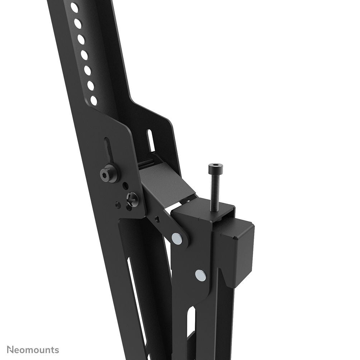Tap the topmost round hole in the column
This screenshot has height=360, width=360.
[74, 8]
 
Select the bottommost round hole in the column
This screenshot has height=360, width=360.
[94, 100]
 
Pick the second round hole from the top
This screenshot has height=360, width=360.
[77, 23]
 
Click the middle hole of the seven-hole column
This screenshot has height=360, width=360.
[84, 55]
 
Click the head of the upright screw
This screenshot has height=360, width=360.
[215, 167]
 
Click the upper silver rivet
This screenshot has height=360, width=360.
[176, 238]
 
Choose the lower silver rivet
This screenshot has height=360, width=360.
[201, 275]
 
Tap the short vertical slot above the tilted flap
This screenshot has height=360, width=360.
[151, 141]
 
